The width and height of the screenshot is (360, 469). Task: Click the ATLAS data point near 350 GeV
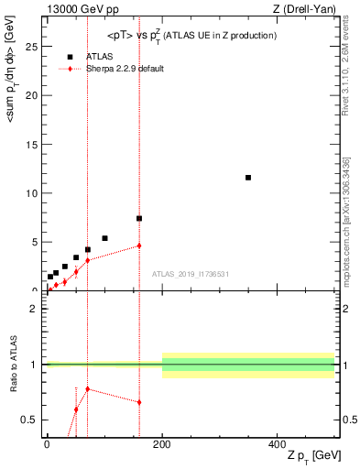click(x=248, y=178)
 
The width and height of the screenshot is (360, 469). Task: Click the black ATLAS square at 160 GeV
click(x=139, y=219)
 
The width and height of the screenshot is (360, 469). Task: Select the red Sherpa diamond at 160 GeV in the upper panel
click(x=139, y=245)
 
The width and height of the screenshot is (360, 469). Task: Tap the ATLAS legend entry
click(x=99, y=56)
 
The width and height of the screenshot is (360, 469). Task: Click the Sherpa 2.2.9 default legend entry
click(x=125, y=69)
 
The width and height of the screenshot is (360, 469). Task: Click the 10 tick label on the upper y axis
click(x=33, y=193)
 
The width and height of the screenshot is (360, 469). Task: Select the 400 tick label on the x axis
click(x=277, y=443)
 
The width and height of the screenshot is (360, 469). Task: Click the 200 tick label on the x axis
click(x=162, y=443)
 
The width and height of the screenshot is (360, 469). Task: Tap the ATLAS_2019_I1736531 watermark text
click(x=190, y=274)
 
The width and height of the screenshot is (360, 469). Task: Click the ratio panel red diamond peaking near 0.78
click(x=87, y=389)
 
